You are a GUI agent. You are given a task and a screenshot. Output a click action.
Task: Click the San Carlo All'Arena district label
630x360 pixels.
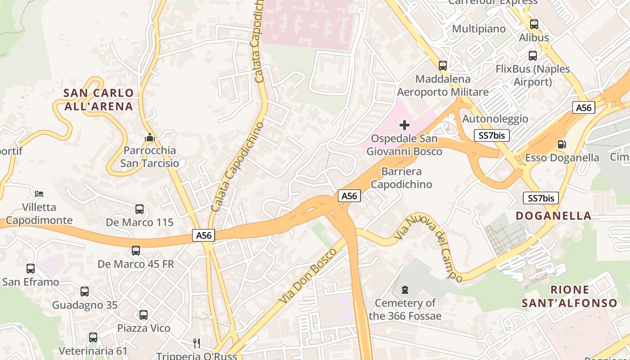[x=99, y=100]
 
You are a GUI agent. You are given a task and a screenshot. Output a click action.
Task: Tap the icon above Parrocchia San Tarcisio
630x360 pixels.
[x=150, y=137]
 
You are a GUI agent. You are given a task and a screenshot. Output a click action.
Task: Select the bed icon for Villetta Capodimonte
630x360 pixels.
[x=39, y=194]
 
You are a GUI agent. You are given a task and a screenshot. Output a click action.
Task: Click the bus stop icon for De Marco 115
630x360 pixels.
[x=139, y=209]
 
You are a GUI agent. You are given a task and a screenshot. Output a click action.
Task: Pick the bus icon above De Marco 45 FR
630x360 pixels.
[x=136, y=251]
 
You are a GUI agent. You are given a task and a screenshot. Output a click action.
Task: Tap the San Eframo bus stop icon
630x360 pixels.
[x=31, y=269]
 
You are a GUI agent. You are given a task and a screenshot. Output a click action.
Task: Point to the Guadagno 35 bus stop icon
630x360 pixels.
[x=85, y=292]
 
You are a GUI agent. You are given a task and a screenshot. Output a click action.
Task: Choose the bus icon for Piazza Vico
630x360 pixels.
[x=144, y=315]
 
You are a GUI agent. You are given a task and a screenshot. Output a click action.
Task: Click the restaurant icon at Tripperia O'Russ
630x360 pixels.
[x=197, y=343]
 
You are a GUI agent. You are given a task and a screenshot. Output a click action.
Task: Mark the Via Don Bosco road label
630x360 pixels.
[x=307, y=275]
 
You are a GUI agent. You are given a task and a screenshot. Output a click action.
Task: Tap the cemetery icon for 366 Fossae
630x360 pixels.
[x=405, y=289]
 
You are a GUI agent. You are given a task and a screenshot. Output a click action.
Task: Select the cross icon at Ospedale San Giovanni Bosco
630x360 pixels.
[x=405, y=125]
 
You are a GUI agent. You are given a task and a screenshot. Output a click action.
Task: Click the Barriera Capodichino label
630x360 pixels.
[x=401, y=178]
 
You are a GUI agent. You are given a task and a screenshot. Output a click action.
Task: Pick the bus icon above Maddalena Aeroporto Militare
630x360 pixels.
[x=443, y=66]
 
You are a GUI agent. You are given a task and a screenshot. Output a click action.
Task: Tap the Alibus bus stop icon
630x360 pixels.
[x=534, y=24]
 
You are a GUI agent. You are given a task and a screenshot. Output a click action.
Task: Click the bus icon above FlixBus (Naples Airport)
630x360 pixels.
[x=533, y=56]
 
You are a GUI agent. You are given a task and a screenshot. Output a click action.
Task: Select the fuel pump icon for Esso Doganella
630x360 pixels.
[x=562, y=144]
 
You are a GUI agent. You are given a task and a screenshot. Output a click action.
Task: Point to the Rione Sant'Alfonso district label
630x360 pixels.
[x=569, y=297]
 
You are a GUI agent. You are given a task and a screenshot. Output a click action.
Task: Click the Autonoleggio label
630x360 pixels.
[x=495, y=119]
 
